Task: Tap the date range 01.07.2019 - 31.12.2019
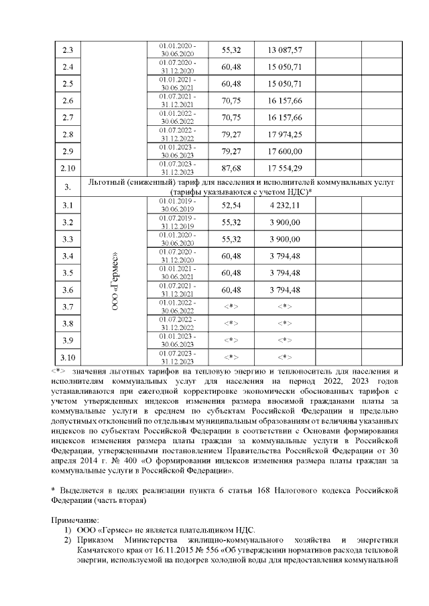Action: point(178,222)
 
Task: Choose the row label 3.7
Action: point(67,307)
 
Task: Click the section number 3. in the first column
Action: point(67,185)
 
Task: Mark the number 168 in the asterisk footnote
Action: point(252,491)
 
